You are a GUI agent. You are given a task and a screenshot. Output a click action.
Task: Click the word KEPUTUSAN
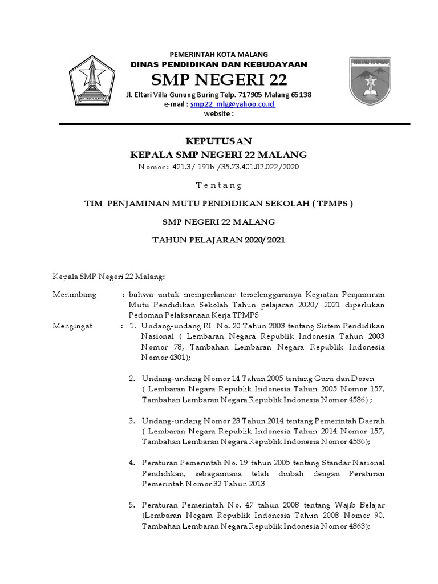pyautogui.click(x=219, y=141)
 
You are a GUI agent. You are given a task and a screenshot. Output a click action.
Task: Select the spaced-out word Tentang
pyautogui.click(x=219, y=185)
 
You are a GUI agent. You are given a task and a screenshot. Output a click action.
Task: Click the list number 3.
pyautogui.click(x=131, y=420)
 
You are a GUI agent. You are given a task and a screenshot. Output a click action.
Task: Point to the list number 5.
pyautogui.click(x=131, y=505)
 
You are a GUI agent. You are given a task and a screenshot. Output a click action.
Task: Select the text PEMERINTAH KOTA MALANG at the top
pyautogui.click(x=219, y=54)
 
